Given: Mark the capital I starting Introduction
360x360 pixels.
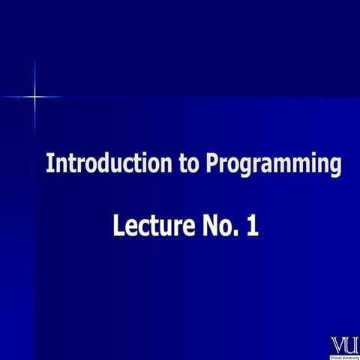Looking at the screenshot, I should (x=49, y=163).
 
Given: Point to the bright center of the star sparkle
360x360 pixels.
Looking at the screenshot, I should (x=34, y=97).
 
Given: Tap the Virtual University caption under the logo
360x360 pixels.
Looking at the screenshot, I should (x=344, y=356).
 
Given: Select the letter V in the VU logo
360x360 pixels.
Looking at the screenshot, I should (x=338, y=345).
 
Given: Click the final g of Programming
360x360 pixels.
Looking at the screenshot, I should (x=334, y=166).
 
